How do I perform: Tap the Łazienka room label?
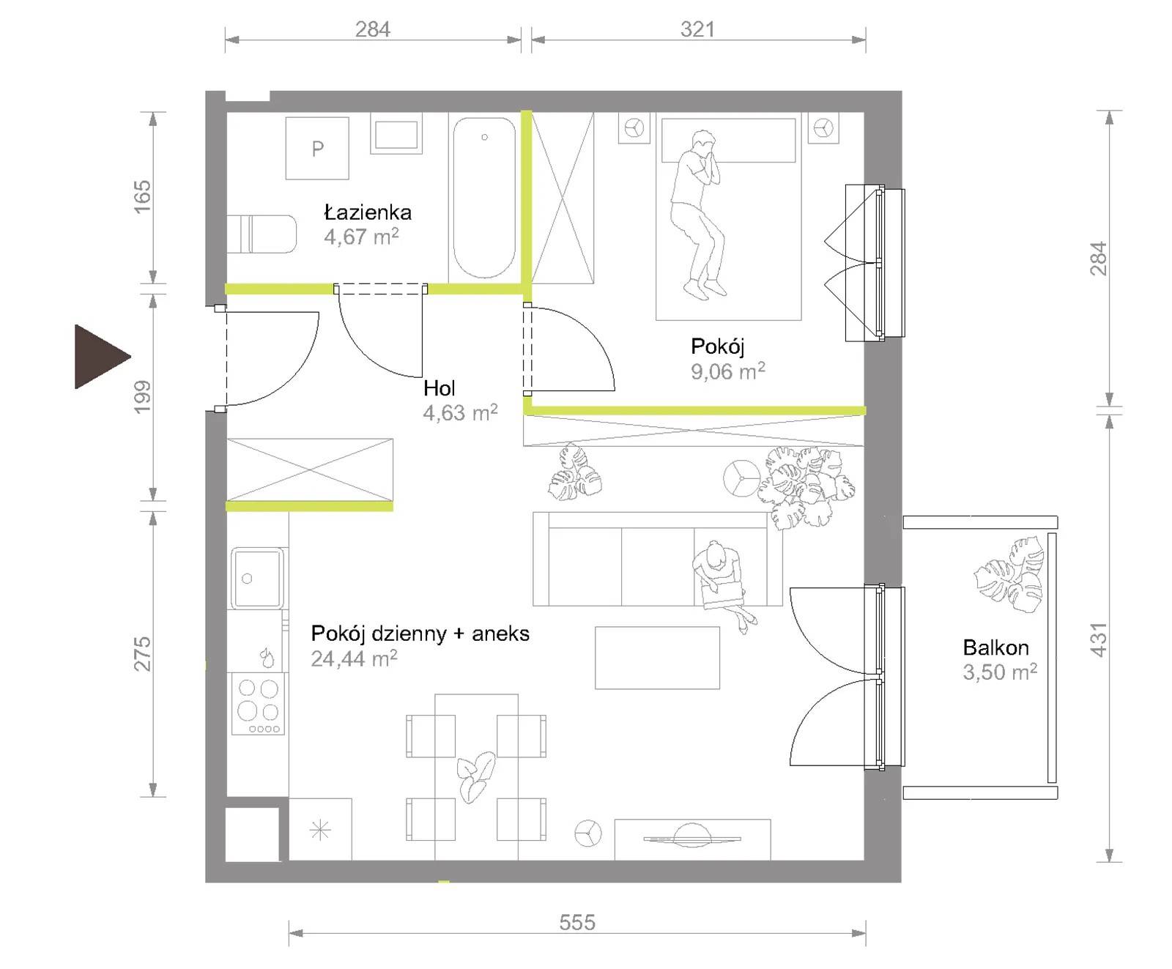point(368,213)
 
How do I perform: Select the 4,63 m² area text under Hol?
point(460,412)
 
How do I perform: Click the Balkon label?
point(995,647)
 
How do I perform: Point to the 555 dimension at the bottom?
point(577,922)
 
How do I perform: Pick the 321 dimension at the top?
point(697,29)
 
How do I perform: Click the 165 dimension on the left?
point(142,196)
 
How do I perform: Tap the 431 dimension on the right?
point(1098,639)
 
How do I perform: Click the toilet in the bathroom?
point(262,234)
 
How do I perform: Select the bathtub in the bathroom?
point(484,198)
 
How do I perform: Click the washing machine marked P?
point(317,148)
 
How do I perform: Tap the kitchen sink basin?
point(257,578)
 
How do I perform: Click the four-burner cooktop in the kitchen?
point(258,704)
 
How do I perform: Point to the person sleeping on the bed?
point(698,215)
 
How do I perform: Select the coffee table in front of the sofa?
point(657,658)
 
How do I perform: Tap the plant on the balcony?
point(1009,574)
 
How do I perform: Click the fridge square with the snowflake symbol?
point(321,829)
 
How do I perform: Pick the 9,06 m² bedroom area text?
point(728,371)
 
